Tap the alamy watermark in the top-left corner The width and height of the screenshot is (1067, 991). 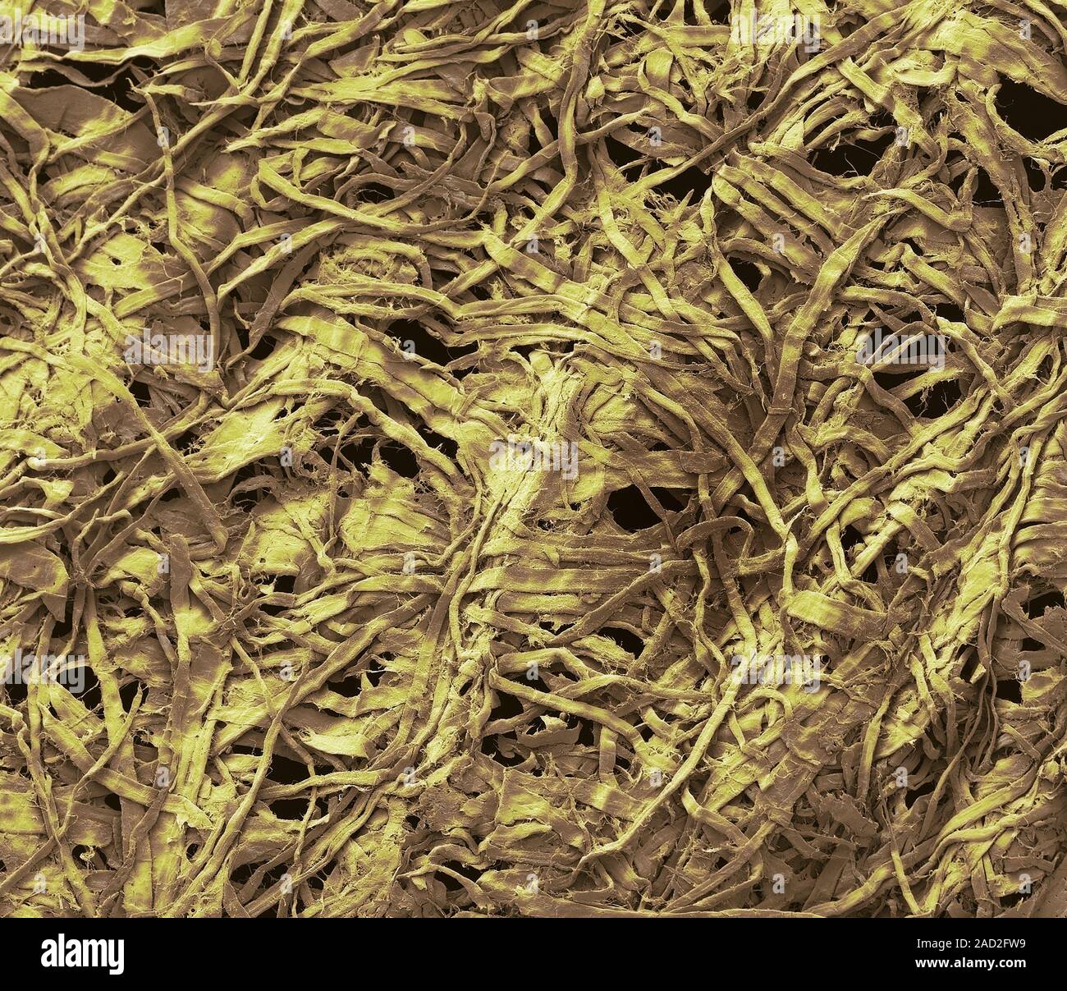pos(41,31)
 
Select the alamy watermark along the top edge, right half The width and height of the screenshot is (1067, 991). pos(776,31)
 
